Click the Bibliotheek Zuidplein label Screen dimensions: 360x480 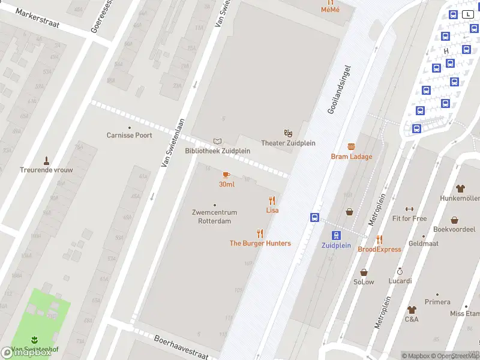[x=218, y=151]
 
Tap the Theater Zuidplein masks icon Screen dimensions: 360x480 [x=288, y=133]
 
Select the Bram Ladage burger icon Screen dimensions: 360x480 [x=351, y=147]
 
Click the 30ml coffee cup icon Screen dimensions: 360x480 [x=226, y=175]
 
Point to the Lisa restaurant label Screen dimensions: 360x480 [x=272, y=210]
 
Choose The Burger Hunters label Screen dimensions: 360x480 [x=260, y=243]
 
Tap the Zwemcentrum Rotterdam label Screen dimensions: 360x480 [x=214, y=217]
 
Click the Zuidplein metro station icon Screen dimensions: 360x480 [x=336, y=235]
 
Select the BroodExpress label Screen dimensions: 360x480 [x=379, y=249]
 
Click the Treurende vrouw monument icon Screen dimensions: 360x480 [x=46, y=160]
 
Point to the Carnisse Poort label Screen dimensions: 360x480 [x=129, y=135]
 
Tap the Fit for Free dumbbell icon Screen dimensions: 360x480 [x=409, y=209]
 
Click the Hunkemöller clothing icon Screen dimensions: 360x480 [x=460, y=188]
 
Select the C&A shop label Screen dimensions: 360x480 [x=412, y=319]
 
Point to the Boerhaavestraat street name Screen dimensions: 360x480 [x=181, y=347]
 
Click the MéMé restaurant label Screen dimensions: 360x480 [x=329, y=10]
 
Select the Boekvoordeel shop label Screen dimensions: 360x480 [x=454, y=229]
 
